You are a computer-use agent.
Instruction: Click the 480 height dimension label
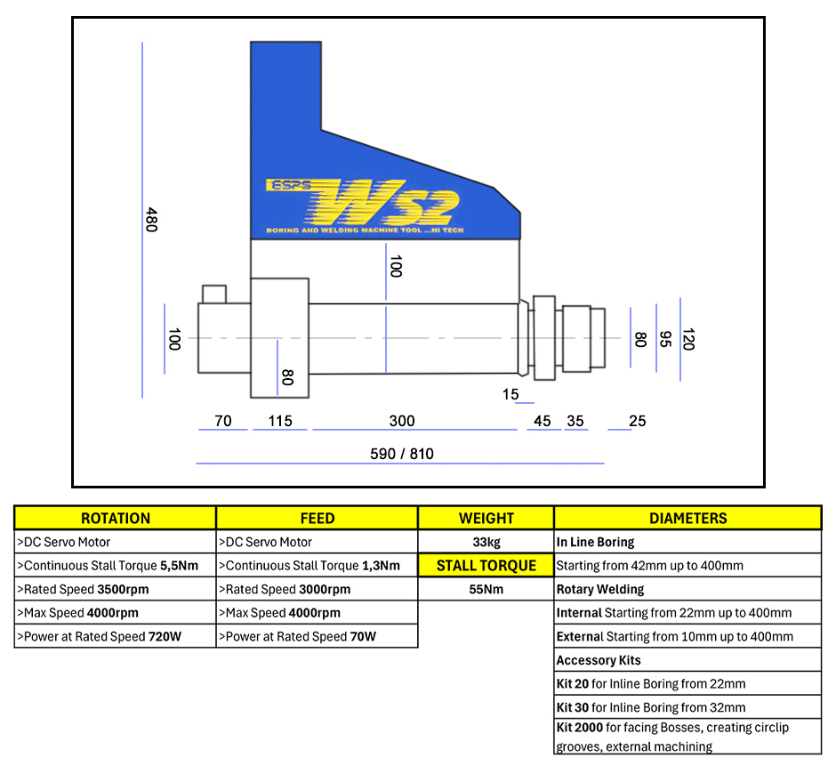151,220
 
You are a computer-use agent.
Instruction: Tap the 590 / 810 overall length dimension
401,454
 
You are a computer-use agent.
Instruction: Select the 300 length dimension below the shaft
402,421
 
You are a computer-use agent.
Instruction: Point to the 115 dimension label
279,421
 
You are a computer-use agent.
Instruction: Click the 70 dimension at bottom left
222,421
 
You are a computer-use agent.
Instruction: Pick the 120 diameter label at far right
687,339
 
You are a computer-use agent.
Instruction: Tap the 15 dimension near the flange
510,393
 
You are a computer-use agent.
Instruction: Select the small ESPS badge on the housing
286,186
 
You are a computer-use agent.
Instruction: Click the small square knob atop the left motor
214,294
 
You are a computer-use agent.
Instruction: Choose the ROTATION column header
116,518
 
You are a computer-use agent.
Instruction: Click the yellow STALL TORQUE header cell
486,566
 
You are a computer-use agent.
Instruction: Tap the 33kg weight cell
486,542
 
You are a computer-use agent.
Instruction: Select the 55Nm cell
486,589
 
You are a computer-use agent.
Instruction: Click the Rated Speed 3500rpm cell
116,589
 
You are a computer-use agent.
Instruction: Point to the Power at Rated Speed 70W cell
317,636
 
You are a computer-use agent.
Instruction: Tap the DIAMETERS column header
687,518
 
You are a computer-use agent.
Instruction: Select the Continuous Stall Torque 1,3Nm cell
317,566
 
